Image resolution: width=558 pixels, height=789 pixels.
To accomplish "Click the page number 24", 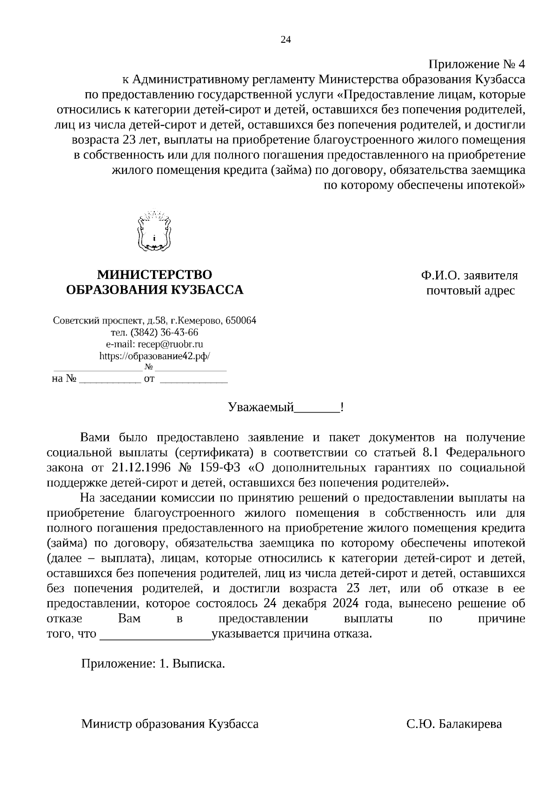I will pyautogui.click(x=286, y=40).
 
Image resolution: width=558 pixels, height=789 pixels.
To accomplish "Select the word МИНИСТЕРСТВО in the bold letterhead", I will pyautogui.click(x=154, y=275).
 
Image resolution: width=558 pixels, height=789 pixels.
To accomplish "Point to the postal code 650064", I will pyautogui.click(x=241, y=321).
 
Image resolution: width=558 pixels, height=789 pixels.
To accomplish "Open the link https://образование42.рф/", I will pyautogui.click(x=154, y=356).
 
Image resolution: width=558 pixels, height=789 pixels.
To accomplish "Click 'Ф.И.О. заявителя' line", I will pyautogui.click(x=470, y=276).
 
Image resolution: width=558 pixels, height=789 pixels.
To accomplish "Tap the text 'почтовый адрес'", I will pyautogui.click(x=471, y=291).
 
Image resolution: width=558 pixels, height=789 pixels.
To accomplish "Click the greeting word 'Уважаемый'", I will pyautogui.click(x=261, y=408).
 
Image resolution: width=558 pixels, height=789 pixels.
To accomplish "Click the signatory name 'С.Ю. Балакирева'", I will pyautogui.click(x=454, y=724).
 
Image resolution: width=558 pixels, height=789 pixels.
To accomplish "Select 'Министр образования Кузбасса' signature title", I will pyautogui.click(x=170, y=724).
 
